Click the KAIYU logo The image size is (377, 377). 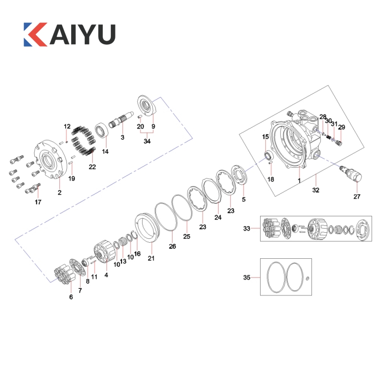point(69,34)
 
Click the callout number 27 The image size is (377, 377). point(357,197)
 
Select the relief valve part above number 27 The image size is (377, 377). point(351,173)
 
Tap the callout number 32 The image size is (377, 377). point(316,190)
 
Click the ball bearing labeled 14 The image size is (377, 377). point(102,131)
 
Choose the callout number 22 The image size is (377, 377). point(92,167)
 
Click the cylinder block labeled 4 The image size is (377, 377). point(103,251)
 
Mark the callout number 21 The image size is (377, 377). point(151,258)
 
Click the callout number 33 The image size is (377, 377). point(246,229)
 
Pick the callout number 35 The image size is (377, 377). point(246,278)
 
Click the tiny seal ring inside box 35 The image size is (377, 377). point(307,279)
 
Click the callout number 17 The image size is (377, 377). point(38,202)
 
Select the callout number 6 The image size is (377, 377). point(71,297)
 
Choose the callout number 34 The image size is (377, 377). point(147,141)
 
